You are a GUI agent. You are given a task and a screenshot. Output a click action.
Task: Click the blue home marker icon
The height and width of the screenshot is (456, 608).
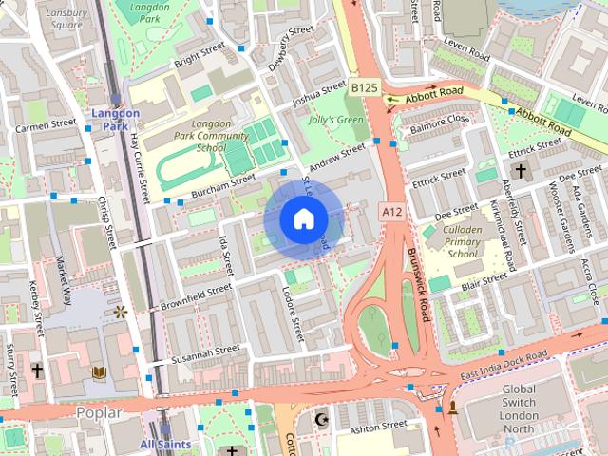pyautogui.click(x=303, y=219)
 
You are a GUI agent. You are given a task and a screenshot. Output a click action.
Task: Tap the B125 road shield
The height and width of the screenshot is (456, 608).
pyautogui.click(x=364, y=87)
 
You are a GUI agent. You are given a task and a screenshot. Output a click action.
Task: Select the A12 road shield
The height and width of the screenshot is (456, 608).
pyautogui.click(x=391, y=209)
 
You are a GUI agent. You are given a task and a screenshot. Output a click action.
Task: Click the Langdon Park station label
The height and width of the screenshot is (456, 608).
pyautogui.click(x=115, y=120)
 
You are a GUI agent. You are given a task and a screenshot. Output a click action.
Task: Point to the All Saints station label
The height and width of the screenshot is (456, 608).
pyautogui.click(x=164, y=444)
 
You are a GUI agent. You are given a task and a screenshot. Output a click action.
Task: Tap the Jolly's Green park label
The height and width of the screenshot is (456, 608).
pyautogui.click(x=337, y=120)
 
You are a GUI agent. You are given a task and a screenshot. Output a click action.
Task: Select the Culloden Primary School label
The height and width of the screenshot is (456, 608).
pyautogui.click(x=462, y=243)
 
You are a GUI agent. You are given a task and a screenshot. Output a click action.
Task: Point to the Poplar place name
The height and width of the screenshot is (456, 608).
pyautogui.click(x=98, y=411)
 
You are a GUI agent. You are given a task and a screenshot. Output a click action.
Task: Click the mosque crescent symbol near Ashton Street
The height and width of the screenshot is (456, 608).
pyautogui.click(x=320, y=419)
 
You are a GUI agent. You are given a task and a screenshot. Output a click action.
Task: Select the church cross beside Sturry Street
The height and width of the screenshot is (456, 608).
pyautogui.click(x=37, y=369)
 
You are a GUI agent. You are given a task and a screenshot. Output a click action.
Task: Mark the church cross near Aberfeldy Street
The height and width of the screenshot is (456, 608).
pyautogui.click(x=520, y=171)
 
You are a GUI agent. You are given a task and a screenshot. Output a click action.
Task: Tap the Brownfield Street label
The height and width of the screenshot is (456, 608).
pyautogui.click(x=196, y=296)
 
